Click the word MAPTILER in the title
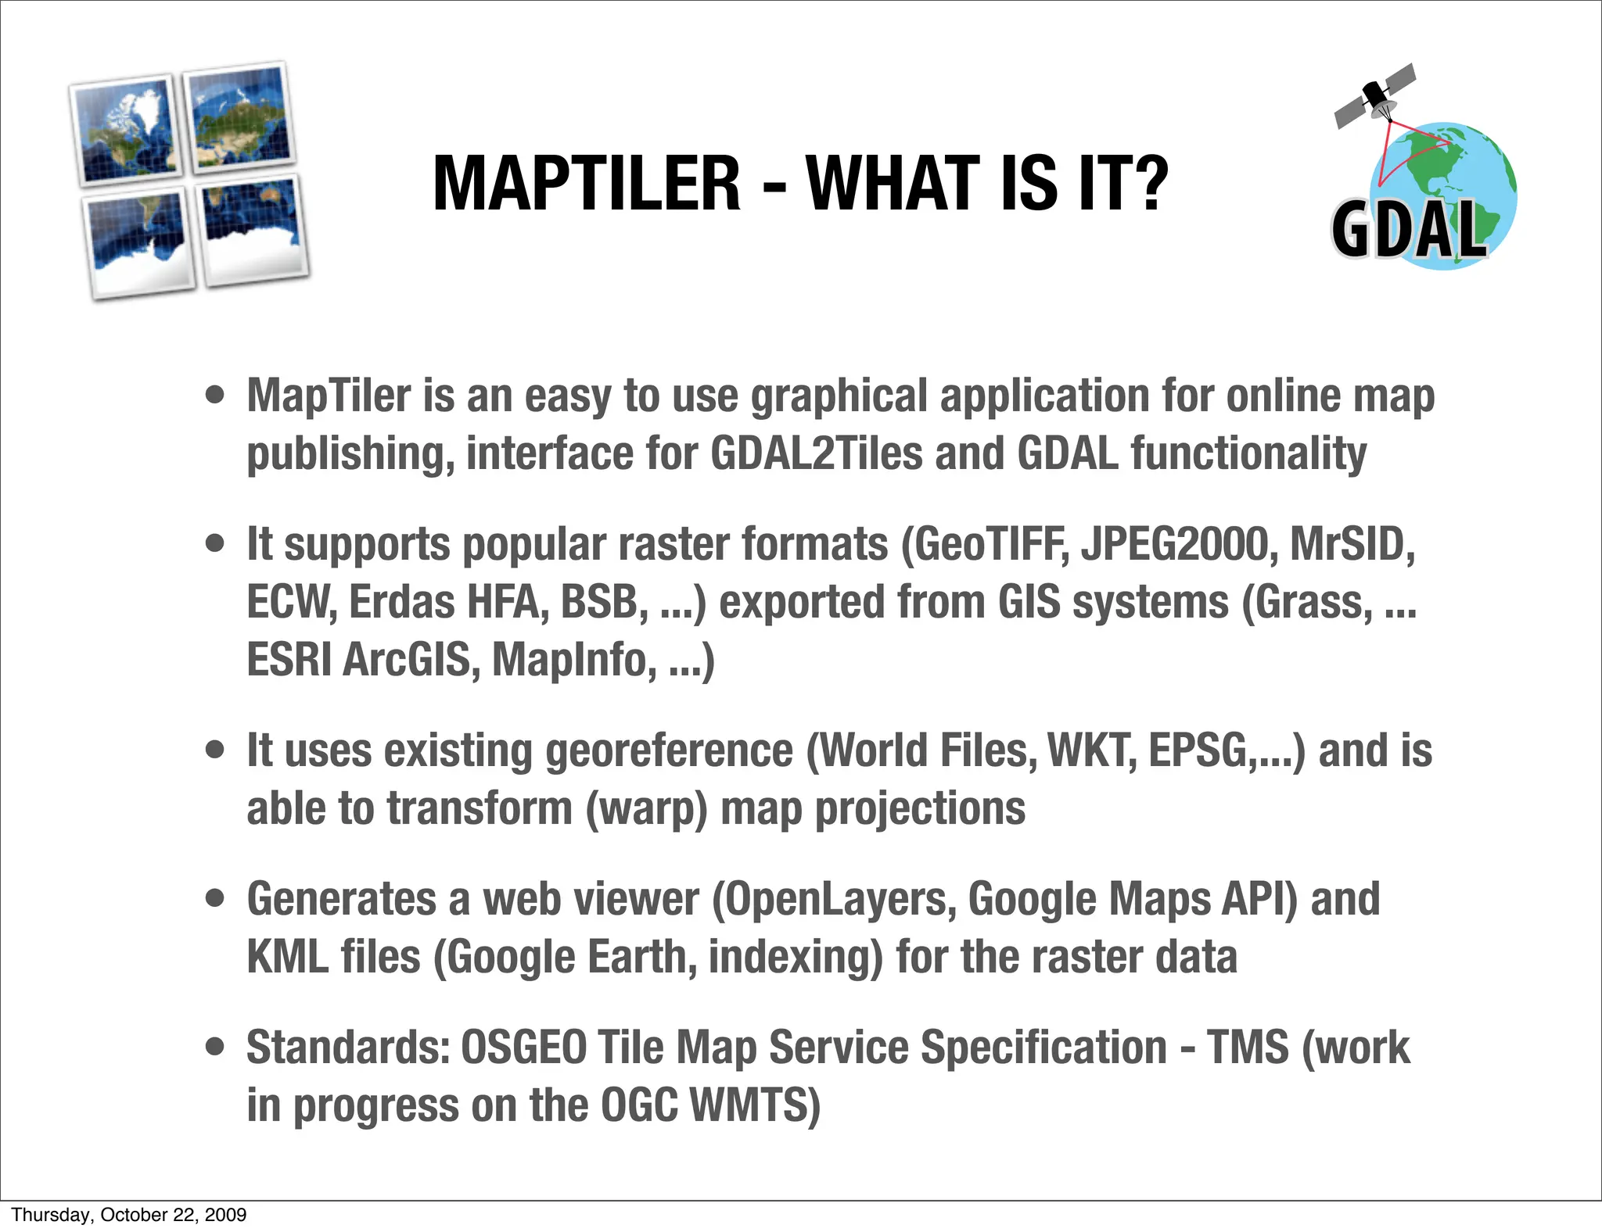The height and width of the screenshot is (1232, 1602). [586, 184]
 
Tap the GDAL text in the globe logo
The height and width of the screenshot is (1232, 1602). [1408, 230]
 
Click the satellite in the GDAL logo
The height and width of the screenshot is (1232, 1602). [1375, 97]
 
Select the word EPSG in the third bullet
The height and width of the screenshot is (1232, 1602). [1198, 750]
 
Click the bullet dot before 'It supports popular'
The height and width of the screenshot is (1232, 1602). [215, 543]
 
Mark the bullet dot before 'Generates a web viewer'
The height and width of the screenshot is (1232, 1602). [215, 899]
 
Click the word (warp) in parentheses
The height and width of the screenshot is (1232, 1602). [646, 808]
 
